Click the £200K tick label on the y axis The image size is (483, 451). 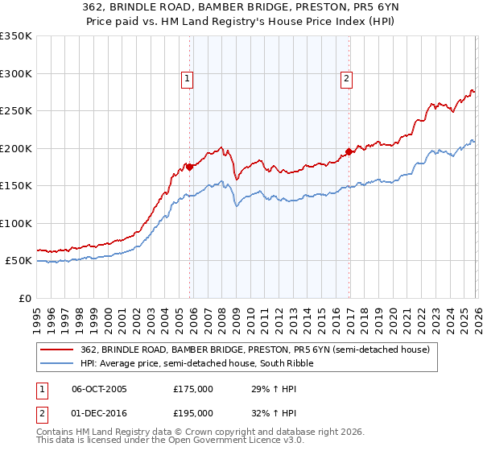point(15,148)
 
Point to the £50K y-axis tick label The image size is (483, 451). point(18,261)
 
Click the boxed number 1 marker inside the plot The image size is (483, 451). point(187,78)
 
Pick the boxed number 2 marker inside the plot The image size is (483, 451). point(346,78)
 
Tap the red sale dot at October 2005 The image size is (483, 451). point(190,167)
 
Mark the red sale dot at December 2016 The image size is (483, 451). point(349,151)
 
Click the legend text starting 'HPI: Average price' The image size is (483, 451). point(196,363)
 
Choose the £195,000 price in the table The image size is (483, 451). point(193,412)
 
